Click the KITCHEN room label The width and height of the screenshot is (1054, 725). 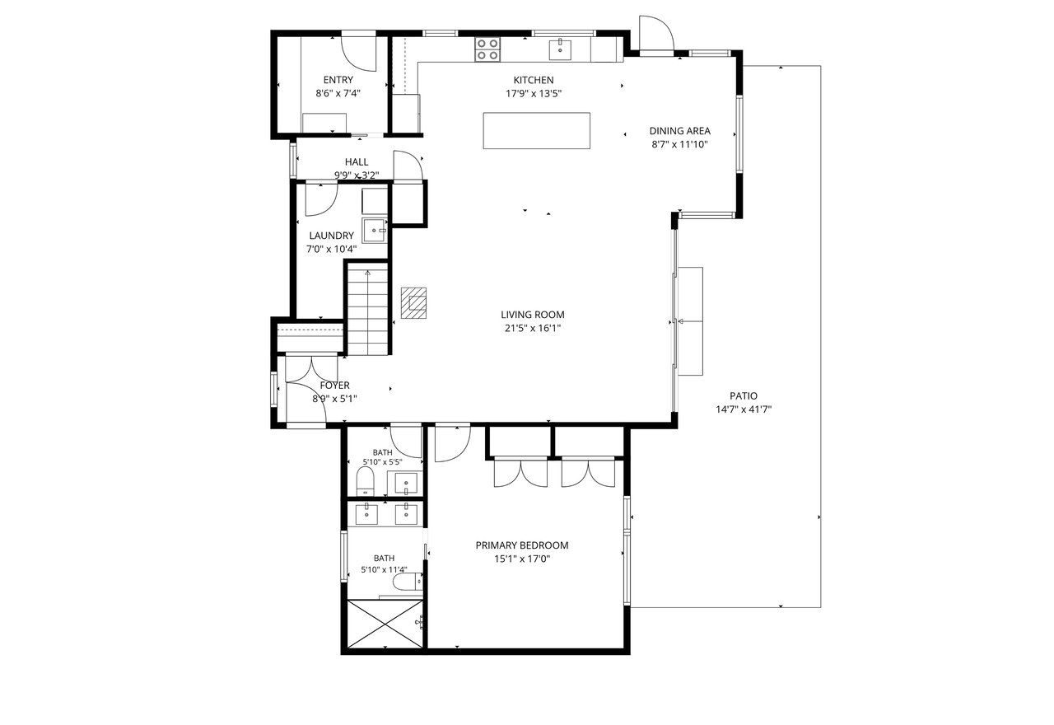(x=533, y=80)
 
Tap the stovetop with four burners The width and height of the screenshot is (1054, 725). (x=487, y=49)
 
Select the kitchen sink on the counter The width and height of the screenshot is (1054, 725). (x=560, y=50)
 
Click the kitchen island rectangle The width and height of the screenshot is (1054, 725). (x=536, y=130)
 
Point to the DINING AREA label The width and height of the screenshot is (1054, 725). (x=679, y=131)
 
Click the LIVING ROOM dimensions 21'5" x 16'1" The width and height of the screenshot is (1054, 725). (x=533, y=328)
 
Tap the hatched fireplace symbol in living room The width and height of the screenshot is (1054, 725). (x=413, y=302)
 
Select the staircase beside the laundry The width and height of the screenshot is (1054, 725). (x=367, y=309)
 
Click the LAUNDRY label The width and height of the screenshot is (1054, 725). (x=331, y=236)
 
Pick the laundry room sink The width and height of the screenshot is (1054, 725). (x=375, y=230)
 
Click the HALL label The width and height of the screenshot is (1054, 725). (x=357, y=162)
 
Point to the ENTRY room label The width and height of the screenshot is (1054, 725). (x=338, y=80)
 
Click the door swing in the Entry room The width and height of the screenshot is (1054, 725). (x=358, y=54)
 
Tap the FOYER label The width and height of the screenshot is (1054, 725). (x=334, y=386)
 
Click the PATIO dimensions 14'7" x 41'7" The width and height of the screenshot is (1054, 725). (x=744, y=409)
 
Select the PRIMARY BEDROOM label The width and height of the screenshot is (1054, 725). (x=522, y=545)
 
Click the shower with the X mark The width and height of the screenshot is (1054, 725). (x=385, y=624)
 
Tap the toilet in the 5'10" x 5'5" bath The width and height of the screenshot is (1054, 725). (x=365, y=480)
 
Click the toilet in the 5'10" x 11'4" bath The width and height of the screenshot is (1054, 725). (x=408, y=582)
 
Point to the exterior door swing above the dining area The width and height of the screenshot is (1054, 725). (x=656, y=32)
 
